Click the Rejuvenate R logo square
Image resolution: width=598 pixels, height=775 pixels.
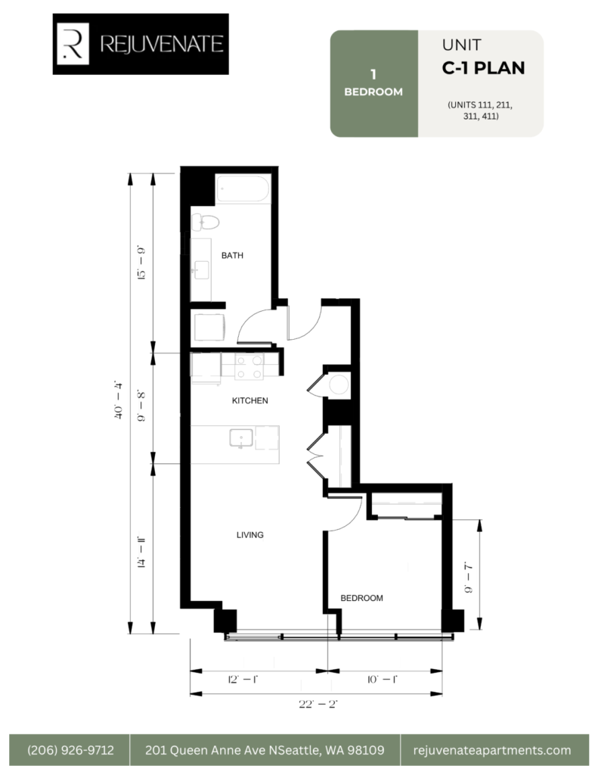click(73, 43)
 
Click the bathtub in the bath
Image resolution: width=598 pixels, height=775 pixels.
click(243, 188)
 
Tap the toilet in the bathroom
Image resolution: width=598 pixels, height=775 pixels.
click(205, 223)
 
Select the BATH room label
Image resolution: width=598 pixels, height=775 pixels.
click(232, 256)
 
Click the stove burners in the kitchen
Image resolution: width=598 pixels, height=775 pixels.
click(249, 367)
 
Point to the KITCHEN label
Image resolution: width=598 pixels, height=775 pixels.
click(250, 400)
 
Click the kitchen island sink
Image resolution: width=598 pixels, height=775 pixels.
click(241, 438)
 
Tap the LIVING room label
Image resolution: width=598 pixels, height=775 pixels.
click(250, 535)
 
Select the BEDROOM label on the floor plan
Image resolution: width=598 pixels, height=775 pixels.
click(361, 598)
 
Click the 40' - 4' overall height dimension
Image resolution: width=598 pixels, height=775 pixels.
click(118, 400)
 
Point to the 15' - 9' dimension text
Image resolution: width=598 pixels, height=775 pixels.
click(141, 263)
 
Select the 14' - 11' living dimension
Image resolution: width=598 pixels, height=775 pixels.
click(141, 552)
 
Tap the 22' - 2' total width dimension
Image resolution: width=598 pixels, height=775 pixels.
click(318, 704)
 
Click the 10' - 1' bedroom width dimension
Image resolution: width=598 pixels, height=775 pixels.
click(383, 680)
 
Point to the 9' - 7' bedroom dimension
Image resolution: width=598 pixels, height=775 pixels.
click(468, 577)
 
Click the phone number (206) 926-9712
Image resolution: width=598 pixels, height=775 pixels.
click(70, 750)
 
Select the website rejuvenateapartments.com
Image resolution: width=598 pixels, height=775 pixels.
click(492, 750)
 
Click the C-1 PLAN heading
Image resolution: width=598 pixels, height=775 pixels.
click(483, 67)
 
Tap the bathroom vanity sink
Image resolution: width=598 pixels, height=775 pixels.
click(201, 270)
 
